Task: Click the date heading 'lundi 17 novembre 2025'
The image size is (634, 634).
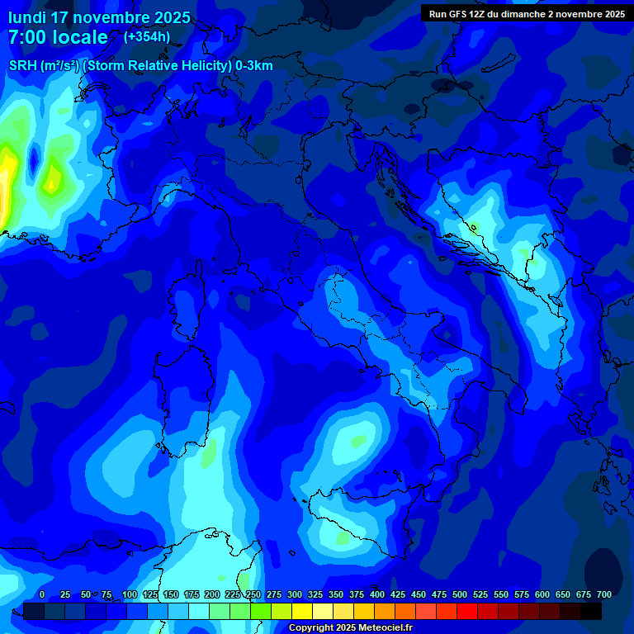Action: click(99, 17)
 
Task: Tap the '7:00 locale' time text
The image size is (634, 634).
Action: click(58, 37)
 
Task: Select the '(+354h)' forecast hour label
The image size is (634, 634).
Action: click(146, 36)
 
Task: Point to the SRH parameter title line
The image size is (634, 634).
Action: click(141, 66)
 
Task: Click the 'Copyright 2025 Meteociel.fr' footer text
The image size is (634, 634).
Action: click(350, 628)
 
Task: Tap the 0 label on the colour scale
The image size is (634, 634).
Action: click(42, 594)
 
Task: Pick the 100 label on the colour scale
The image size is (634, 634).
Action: click(130, 594)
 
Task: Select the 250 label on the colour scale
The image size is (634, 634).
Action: click(253, 594)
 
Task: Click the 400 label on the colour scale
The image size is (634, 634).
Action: click(377, 594)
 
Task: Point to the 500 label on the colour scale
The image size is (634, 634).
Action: click(460, 594)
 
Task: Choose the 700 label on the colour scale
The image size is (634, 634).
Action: click(604, 594)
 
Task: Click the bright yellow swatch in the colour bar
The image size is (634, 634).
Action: click(302, 612)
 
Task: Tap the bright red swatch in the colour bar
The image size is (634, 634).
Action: click(467, 612)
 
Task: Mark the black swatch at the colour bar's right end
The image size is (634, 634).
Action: click(591, 612)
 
